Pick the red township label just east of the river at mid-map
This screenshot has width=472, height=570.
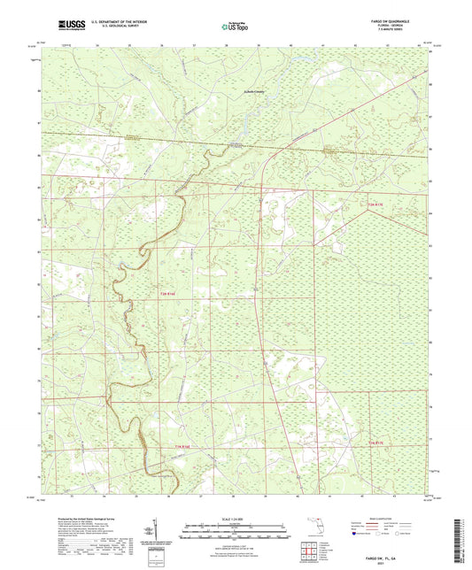[168, 292]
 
